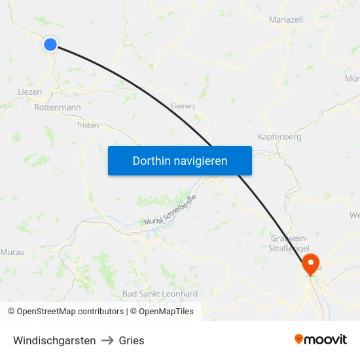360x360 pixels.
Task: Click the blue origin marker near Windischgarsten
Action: pyautogui.click(x=50, y=44)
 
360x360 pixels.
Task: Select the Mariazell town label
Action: pyautogui.click(x=286, y=20)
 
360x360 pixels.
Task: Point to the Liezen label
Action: pyautogui.click(x=30, y=92)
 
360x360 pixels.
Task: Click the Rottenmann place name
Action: pyautogui.click(x=57, y=107)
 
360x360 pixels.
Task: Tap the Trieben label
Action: pyautogui.click(x=88, y=125)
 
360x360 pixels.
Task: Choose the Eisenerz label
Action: pyautogui.click(x=183, y=105)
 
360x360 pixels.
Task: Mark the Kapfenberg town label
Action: pyautogui.click(x=279, y=137)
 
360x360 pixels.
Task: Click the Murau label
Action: pyautogui.click(x=12, y=251)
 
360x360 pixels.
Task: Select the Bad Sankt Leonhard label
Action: pyautogui.click(x=160, y=294)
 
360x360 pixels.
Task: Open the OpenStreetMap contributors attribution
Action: pyautogui.click(x=65, y=312)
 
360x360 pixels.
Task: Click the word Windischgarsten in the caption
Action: pyautogui.click(x=54, y=340)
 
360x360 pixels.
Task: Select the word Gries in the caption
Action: pyautogui.click(x=132, y=340)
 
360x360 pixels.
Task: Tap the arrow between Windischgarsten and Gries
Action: pyautogui.click(x=107, y=340)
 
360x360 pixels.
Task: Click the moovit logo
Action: pyautogui.click(x=321, y=339)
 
